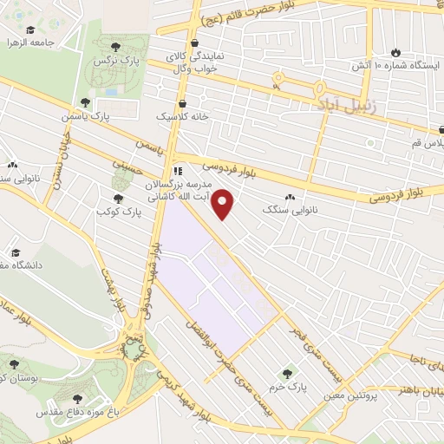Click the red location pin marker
pyautogui.click(x=224, y=205)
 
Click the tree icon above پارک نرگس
pyautogui.click(x=114, y=44)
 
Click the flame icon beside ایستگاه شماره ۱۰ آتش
pyautogui.click(x=396, y=51)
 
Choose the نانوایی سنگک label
pyautogui.click(x=294, y=211)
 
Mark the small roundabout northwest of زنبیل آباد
pyautogui.click(x=278, y=79)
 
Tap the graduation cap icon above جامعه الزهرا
pyautogui.click(x=30, y=29)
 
